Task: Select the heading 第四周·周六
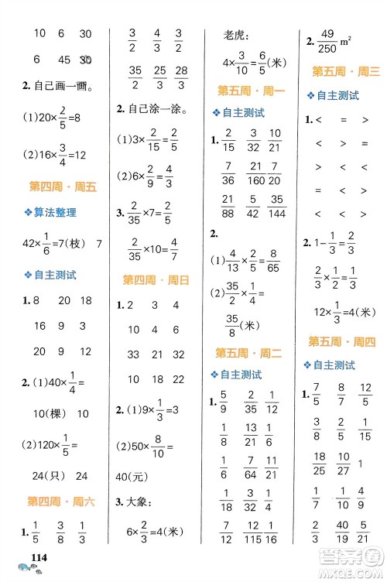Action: click(x=61, y=502)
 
